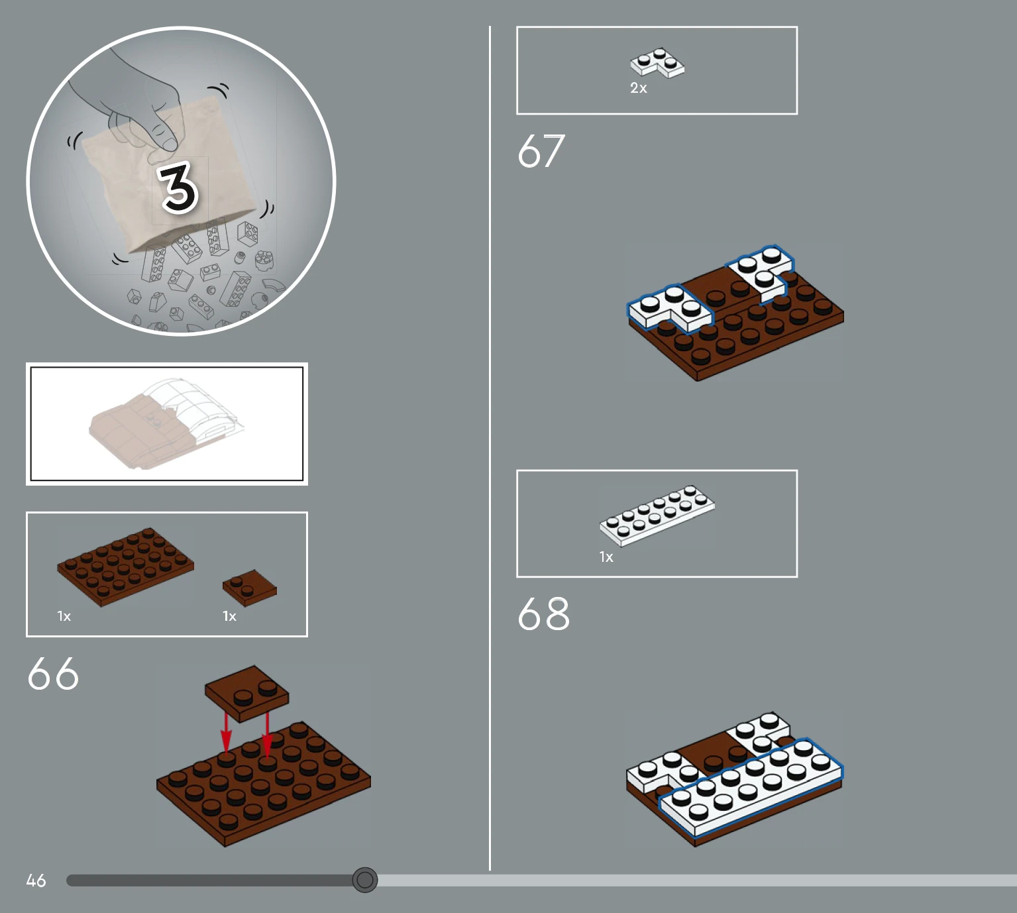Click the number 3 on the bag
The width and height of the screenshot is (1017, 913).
tap(178, 188)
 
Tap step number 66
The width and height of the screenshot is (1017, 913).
tap(53, 673)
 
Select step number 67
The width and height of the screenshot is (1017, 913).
tap(541, 150)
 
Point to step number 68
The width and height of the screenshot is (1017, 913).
tap(544, 614)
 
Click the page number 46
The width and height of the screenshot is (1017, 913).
tap(36, 881)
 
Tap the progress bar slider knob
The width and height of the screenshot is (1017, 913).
tap(365, 880)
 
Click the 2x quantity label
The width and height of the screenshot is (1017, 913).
tap(639, 88)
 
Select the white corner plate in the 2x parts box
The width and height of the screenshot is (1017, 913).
tap(657, 63)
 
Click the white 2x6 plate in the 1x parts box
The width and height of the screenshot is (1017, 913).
tap(657, 515)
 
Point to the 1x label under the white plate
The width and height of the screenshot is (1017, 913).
tap(606, 557)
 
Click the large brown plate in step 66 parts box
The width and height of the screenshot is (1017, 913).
tap(125, 566)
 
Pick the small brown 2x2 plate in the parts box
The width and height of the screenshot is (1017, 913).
tap(250, 588)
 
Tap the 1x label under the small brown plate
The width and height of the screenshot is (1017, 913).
tap(229, 616)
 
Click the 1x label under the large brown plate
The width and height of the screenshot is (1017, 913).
tap(64, 616)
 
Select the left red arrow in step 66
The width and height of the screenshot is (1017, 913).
tap(227, 733)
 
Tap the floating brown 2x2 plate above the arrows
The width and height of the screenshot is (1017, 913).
tap(246, 693)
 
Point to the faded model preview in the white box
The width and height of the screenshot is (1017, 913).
tap(166, 423)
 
